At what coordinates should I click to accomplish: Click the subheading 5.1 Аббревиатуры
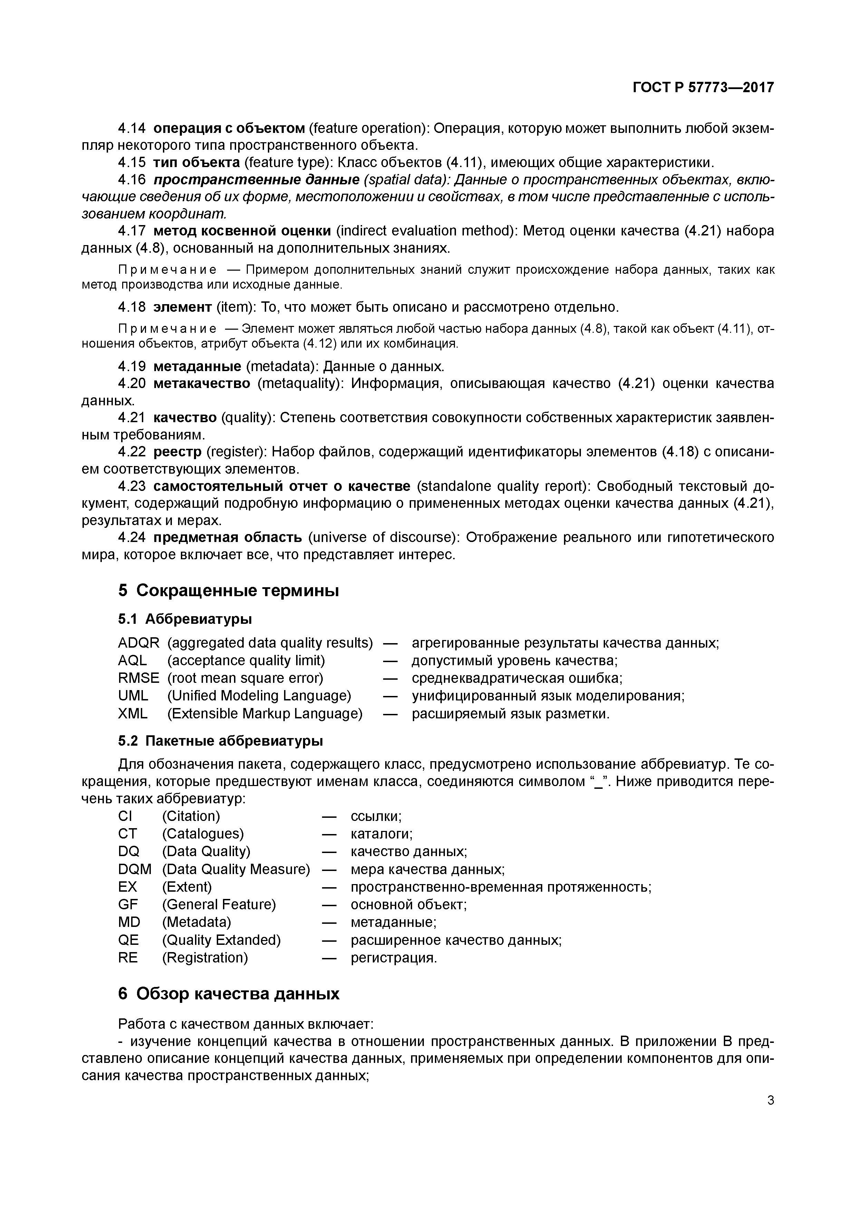click(185, 618)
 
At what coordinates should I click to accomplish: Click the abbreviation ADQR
click(138, 643)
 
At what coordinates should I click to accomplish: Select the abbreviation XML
click(133, 714)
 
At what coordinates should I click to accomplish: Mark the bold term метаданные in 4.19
click(197, 366)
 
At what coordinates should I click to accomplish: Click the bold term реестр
click(178, 452)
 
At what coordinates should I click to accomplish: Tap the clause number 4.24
click(131, 537)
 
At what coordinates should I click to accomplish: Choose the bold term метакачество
click(202, 384)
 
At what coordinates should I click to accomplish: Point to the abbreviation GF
click(128, 904)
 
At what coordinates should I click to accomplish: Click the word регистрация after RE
click(393, 958)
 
